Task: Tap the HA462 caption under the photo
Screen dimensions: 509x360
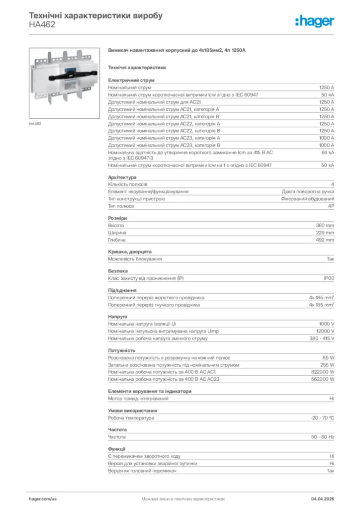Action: pos(35,124)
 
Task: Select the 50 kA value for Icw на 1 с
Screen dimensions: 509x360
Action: pos(327,165)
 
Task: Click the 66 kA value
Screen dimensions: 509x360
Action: pos(328,152)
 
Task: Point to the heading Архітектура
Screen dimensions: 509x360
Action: pos(122,177)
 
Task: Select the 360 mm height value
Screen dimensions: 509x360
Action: pos(325,225)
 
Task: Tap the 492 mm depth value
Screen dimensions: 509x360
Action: pos(325,240)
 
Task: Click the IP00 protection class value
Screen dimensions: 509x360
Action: pos(329,278)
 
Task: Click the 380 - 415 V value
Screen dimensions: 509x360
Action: pos(322,339)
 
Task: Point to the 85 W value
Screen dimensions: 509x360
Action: pos(328,357)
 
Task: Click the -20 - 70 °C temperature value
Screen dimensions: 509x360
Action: pos(322,418)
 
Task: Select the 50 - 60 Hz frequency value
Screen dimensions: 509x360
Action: pos(322,437)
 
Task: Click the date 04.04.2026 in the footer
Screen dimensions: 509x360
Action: pos(322,498)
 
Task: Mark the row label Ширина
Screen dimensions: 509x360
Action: pos(117,233)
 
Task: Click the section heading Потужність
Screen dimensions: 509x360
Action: pos(121,350)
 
